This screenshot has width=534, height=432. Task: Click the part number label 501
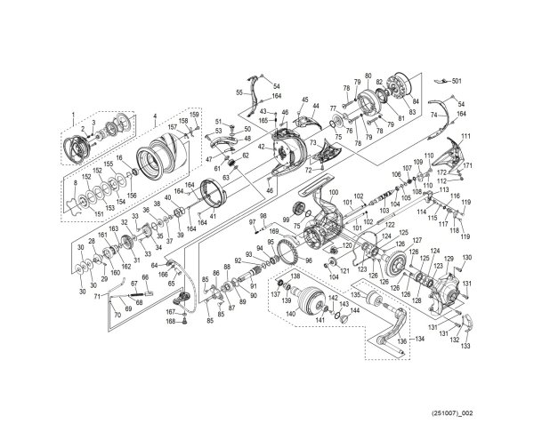tap(457, 81)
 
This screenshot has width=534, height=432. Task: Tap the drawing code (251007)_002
tap(484, 414)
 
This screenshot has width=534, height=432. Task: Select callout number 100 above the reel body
tap(335, 194)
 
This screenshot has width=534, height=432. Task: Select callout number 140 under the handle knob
tap(290, 315)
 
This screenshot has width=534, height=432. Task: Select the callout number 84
tap(415, 101)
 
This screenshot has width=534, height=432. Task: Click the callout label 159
tap(195, 113)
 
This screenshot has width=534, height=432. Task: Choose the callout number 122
tap(389, 226)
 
